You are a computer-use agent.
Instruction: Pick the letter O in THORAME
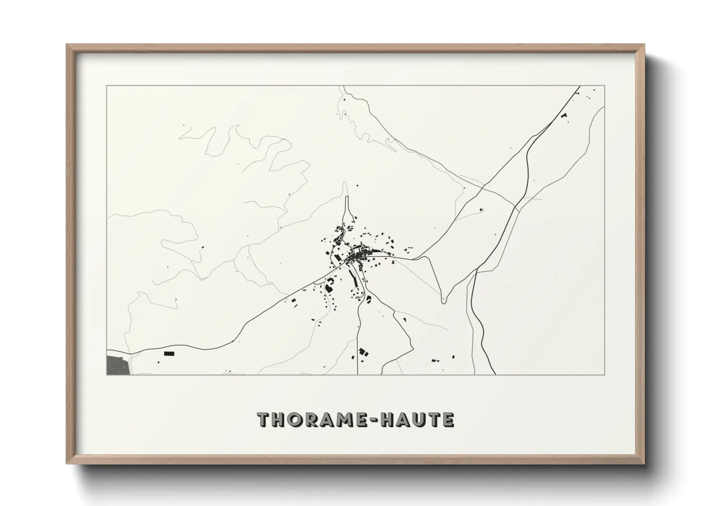[x=294, y=419]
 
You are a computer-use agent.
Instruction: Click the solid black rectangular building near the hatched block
[x=169, y=353]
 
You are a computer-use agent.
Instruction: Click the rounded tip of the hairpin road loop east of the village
[x=444, y=300]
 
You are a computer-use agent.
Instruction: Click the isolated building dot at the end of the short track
[x=481, y=209]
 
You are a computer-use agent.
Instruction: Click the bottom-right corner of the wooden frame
[x=643, y=462]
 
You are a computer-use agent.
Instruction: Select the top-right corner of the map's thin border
[x=605, y=86]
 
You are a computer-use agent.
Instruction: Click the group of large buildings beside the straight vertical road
[x=363, y=353]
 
